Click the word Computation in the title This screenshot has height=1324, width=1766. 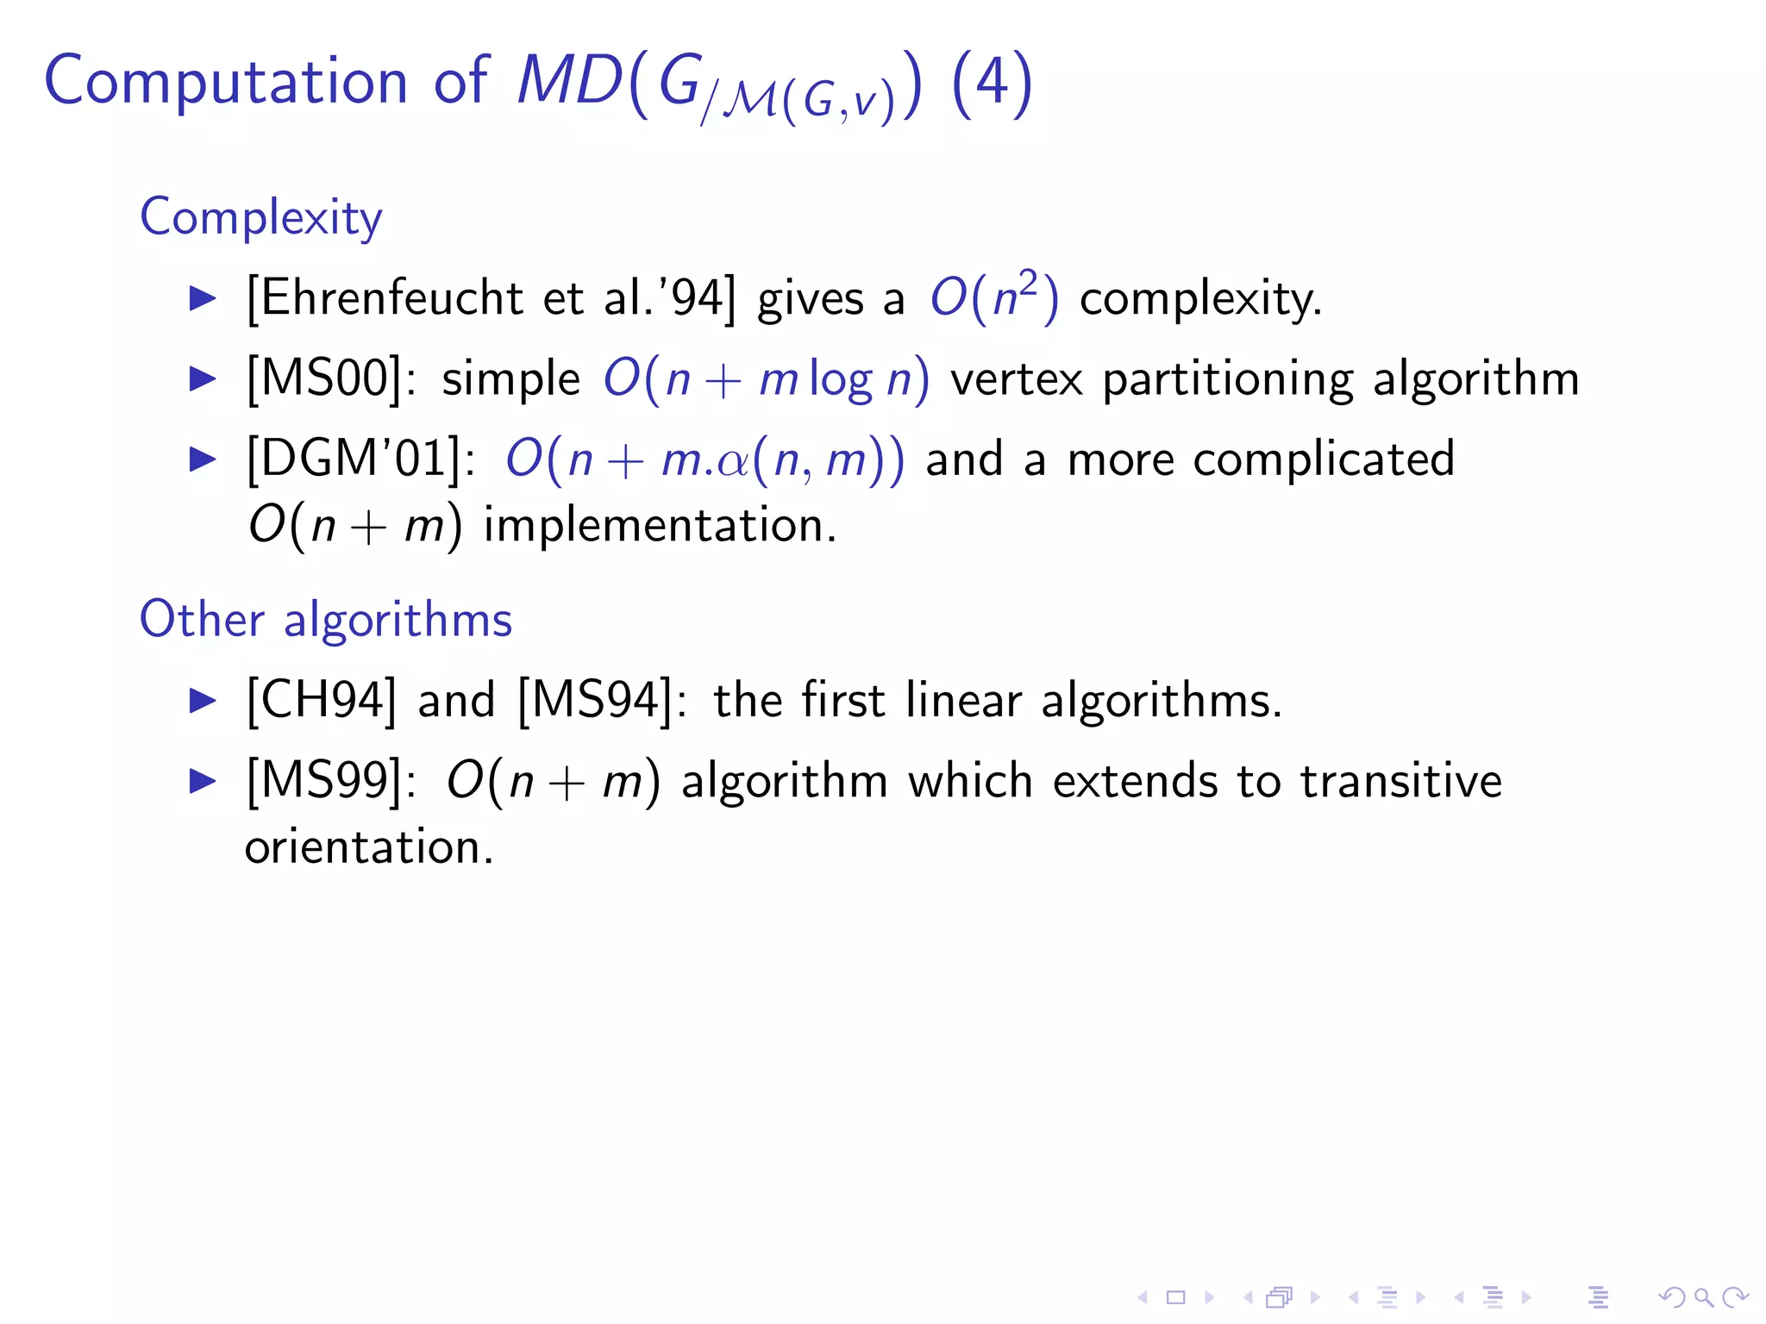click(x=225, y=82)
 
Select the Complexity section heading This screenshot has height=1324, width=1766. click(x=260, y=217)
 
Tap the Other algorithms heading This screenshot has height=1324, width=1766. click(x=326, y=620)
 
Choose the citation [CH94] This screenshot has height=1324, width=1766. click(x=322, y=700)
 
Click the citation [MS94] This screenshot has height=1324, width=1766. click(x=594, y=700)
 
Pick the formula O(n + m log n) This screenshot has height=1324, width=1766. click(x=766, y=379)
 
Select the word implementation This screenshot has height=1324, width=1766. click(x=660, y=526)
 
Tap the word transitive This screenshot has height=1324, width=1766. click(x=1401, y=781)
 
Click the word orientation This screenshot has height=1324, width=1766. click(x=368, y=847)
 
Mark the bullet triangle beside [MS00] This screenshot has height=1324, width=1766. click(x=203, y=379)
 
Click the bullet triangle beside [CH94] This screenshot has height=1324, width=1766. click(x=203, y=700)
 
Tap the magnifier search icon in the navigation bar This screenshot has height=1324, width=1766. click(x=1703, y=1297)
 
